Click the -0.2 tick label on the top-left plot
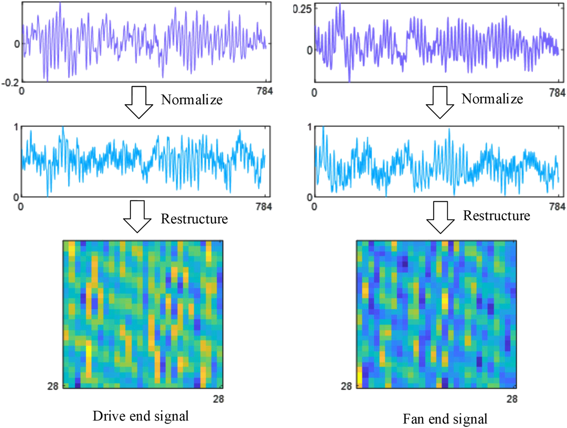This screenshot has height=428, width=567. (10, 82)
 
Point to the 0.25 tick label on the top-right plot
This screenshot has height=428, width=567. (302, 9)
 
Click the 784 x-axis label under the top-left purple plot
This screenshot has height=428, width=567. (265, 91)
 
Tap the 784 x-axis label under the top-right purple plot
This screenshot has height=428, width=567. (557, 93)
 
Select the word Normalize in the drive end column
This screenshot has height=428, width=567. (191, 100)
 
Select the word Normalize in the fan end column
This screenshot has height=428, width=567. (492, 99)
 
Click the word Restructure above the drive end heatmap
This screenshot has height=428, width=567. (194, 219)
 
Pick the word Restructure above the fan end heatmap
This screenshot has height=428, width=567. (496, 216)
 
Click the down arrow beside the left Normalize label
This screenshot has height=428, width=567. (139, 102)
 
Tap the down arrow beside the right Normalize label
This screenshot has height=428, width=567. (440, 102)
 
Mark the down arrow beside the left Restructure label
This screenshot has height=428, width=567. (137, 216)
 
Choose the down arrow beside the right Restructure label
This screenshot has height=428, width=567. (440, 217)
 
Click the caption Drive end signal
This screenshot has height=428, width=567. (140, 416)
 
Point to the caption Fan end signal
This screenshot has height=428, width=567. (445, 419)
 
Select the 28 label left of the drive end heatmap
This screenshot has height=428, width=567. (53, 386)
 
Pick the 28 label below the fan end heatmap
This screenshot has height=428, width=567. (512, 399)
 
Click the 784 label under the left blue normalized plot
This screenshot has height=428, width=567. (264, 207)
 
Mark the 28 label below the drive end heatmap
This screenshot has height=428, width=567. (218, 399)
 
